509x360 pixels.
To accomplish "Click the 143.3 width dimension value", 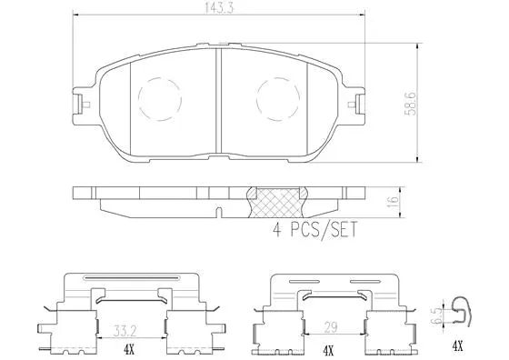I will (219, 8).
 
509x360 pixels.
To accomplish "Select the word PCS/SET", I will (321, 231).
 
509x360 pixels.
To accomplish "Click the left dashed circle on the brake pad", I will (158, 94).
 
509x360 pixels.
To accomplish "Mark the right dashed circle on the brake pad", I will (278, 94).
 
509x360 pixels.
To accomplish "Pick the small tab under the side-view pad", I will (219, 214).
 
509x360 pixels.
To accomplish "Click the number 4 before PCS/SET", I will (278, 231).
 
